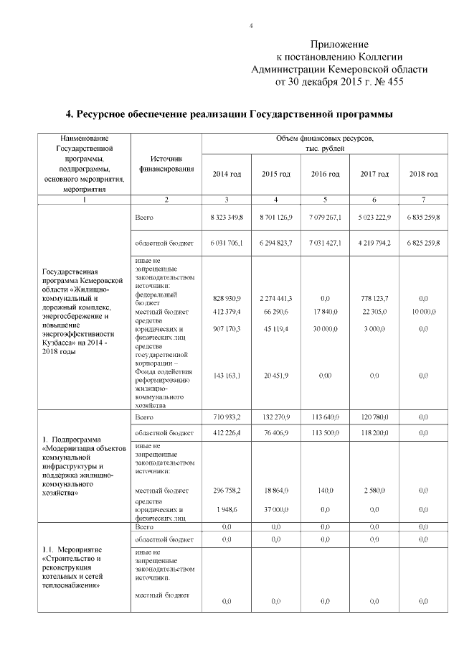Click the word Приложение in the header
(341, 45)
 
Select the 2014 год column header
(227, 175)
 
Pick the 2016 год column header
(325, 175)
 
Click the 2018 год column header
(423, 175)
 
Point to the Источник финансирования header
(166, 164)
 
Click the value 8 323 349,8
(227, 216)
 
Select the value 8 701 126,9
(276, 216)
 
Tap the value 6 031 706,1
(227, 243)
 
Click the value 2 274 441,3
(276, 297)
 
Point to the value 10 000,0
(423, 312)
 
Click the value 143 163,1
(227, 376)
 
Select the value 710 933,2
(227, 417)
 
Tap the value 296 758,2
(227, 491)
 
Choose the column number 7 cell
(423, 198)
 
